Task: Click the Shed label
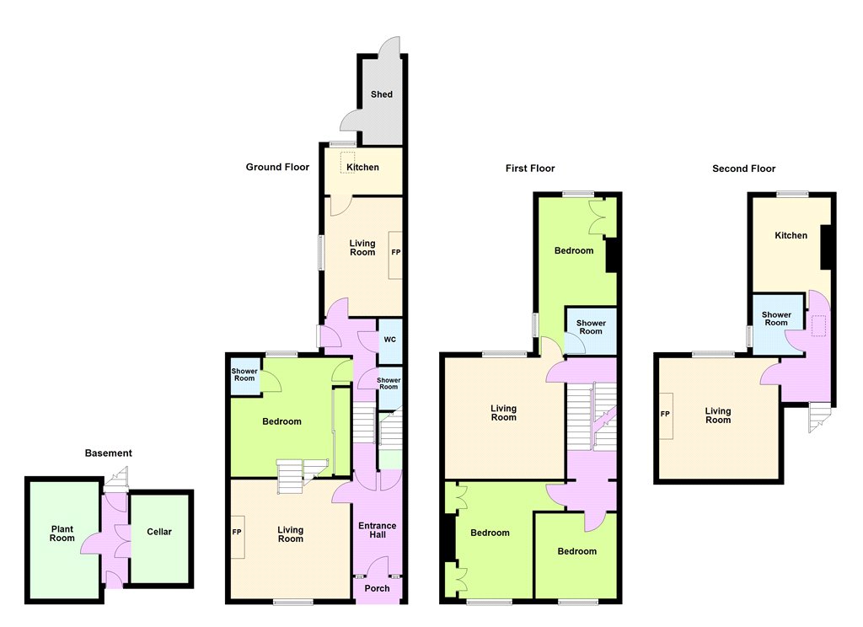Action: [382, 94]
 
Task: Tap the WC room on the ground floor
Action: [389, 339]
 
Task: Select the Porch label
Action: [377, 588]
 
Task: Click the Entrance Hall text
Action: [377, 529]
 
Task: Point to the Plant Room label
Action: [62, 533]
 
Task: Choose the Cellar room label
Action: [159, 532]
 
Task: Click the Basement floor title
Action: [109, 453]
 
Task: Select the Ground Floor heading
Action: [277, 167]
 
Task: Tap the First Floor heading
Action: [530, 169]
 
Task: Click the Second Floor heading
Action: [743, 169]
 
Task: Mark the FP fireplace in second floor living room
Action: [665, 414]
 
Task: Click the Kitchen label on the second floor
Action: [791, 235]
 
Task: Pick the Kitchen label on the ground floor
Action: [362, 167]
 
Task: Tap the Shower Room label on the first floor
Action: [591, 327]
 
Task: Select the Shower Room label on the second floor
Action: [776, 319]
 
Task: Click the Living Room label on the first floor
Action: [504, 413]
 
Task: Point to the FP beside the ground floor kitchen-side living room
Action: [396, 252]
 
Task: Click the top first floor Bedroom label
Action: [573, 250]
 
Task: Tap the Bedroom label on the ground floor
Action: [281, 421]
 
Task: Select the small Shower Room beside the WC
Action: [389, 383]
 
